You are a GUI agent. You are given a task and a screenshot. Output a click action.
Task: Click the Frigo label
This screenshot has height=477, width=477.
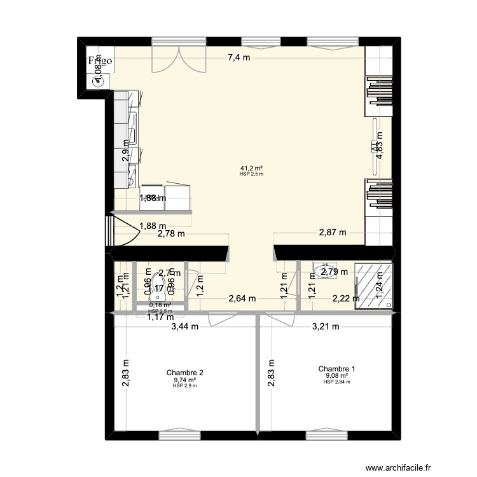coord(100,61)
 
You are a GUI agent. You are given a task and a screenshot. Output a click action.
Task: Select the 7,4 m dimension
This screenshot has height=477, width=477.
coord(239,58)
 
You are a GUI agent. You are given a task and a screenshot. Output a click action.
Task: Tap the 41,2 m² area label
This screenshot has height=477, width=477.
coord(251,168)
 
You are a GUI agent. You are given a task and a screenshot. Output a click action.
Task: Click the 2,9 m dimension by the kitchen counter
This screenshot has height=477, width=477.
coord(126,155)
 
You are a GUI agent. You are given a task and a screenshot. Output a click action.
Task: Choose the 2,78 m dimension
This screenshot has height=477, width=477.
coord(172,233)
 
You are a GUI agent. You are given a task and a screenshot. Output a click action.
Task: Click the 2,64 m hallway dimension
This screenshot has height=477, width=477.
coord(242,298)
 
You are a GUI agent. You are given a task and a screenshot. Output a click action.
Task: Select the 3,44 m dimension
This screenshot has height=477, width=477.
coord(184,327)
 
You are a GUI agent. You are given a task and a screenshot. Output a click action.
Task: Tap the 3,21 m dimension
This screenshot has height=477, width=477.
coord(325,327)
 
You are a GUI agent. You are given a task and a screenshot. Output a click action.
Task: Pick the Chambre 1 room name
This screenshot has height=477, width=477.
coord(336,368)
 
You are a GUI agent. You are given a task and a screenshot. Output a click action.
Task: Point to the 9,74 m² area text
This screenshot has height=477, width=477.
coord(184,380)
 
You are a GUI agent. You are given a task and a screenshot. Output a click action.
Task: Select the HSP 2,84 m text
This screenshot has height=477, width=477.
coord(336,382)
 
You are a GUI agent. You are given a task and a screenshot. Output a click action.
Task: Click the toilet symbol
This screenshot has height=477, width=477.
coord(156,289)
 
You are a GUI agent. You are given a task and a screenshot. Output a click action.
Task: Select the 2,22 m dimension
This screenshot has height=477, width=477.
coord(346,298)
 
